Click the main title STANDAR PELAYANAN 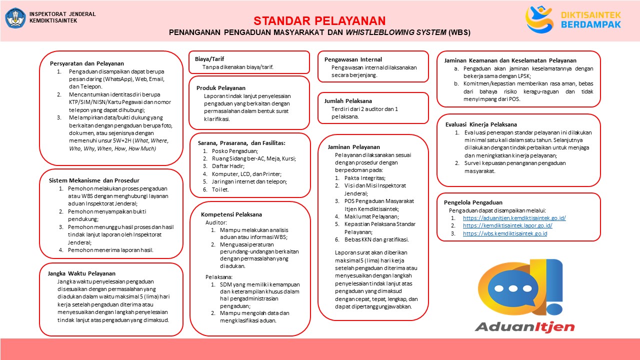(x=319, y=21)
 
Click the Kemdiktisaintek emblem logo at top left (x=15, y=18)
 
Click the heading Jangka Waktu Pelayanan (x=81, y=273)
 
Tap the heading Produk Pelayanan (x=220, y=88)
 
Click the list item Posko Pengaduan (x=235, y=151)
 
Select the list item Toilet (x=220, y=189)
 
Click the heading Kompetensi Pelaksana (x=231, y=214)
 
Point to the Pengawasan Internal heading (x=353, y=59)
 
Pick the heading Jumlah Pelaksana (x=348, y=100)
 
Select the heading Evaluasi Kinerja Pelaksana (x=481, y=124)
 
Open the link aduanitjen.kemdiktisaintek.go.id (x=514, y=218)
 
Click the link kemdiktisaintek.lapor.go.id (x=507, y=225)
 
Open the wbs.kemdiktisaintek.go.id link (x=505, y=233)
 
